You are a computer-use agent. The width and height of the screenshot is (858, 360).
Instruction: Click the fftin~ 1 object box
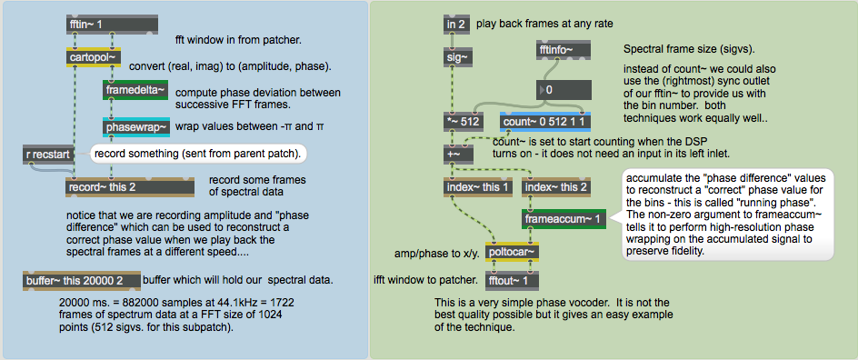tap(112, 25)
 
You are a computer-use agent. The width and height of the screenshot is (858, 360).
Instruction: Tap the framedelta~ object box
tap(135, 90)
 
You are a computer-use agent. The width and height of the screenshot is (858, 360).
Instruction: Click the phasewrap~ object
tap(136, 127)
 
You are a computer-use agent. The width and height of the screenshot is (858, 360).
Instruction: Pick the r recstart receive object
tap(47, 155)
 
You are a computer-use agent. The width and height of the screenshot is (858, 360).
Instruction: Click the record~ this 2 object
tap(130, 187)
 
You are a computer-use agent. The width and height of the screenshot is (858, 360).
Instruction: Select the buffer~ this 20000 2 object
tap(82, 281)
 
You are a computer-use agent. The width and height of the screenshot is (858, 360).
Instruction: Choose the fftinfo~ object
tap(564, 50)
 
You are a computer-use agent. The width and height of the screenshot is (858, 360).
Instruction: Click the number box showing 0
tap(564, 90)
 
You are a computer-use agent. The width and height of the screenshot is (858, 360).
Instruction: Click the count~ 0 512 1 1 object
tap(545, 122)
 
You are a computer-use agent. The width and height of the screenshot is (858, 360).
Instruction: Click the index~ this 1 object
tap(478, 187)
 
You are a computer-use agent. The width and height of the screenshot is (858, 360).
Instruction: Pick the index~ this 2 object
tap(556, 187)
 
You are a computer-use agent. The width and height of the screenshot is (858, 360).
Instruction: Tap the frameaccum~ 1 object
tap(564, 219)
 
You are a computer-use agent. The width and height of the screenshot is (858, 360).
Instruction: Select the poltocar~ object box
tap(513, 252)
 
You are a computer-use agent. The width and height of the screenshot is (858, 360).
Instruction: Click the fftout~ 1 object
tap(513, 281)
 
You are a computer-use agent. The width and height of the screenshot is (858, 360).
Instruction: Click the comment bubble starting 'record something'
tap(198, 154)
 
